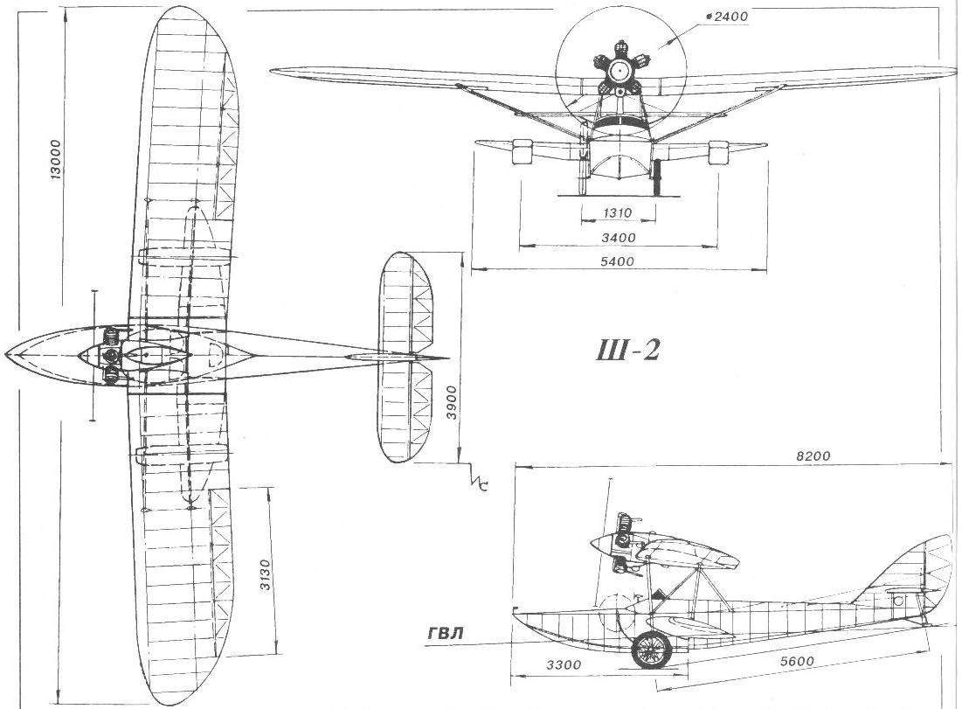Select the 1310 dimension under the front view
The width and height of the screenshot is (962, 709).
pyautogui.click(x=616, y=213)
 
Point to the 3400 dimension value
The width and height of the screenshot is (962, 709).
pyautogui.click(x=618, y=237)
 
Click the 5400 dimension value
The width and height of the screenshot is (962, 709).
pyautogui.click(x=618, y=261)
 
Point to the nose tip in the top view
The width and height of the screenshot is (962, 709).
pyautogui.click(x=8, y=352)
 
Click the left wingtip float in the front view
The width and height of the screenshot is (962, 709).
pyautogui.click(x=521, y=151)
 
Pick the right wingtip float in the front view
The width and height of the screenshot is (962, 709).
pyautogui.click(x=718, y=151)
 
